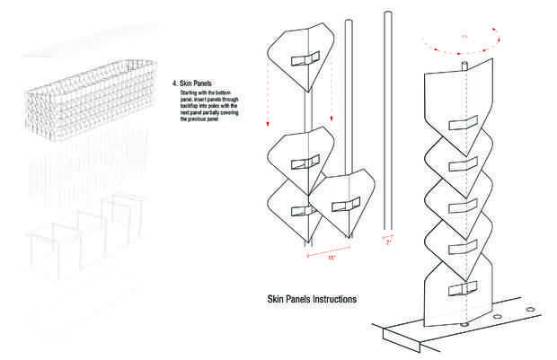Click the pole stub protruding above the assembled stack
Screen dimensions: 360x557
point(464,65)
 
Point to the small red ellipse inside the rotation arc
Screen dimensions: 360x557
point(464,37)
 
